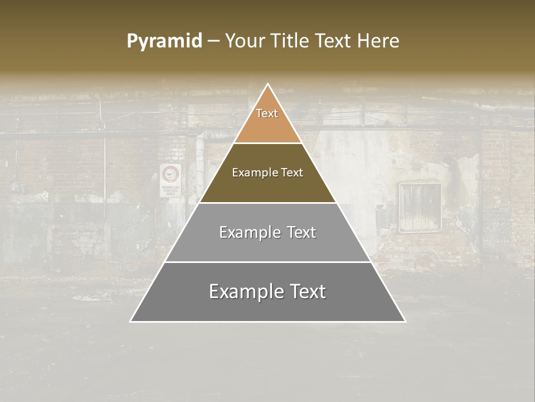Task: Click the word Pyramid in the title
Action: point(164,41)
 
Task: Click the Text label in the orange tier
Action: point(267,113)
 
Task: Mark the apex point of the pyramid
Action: point(268,85)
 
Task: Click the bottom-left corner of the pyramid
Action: point(131,321)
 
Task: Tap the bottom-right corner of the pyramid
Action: point(405,321)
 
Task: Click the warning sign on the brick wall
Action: point(171,180)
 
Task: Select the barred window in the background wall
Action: point(420,207)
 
